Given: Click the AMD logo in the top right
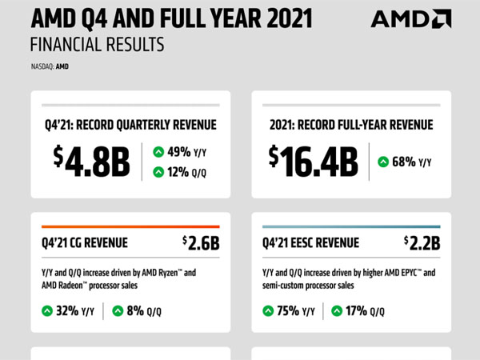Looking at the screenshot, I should [410, 19].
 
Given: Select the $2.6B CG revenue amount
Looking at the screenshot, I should [200, 242].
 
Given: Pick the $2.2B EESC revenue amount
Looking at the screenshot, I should [421, 242].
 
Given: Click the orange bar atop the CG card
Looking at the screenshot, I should [130, 226].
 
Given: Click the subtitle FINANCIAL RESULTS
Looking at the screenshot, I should [96, 44].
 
